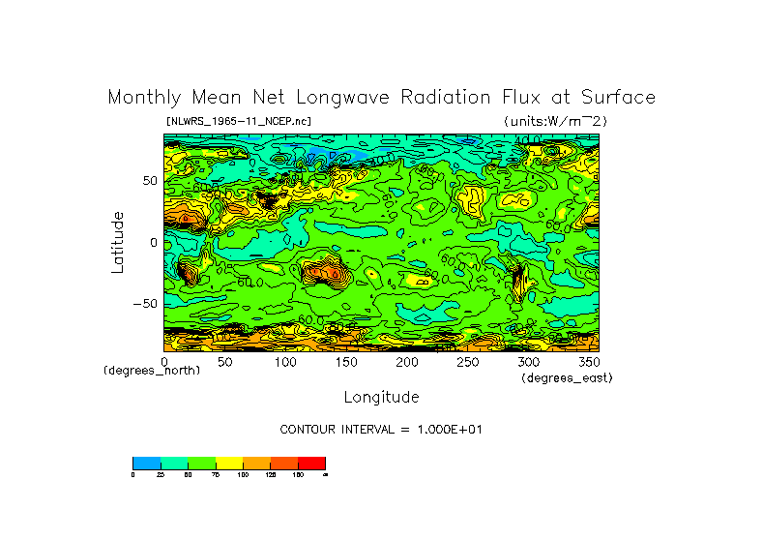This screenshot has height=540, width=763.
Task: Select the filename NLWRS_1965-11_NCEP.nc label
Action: (239, 121)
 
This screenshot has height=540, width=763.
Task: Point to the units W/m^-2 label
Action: (555, 121)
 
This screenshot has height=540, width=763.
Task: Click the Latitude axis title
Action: (118, 242)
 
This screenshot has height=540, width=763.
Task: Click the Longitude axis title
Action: (381, 397)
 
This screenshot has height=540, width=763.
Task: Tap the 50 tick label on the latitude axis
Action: (150, 181)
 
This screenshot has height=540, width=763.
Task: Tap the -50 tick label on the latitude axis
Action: (145, 303)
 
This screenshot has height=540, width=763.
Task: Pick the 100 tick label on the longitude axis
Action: (285, 362)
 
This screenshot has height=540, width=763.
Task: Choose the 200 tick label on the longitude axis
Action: (406, 362)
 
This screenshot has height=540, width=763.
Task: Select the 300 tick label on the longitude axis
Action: (527, 362)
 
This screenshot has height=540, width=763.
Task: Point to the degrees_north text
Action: (152, 371)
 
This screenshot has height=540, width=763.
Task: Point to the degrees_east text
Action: (567, 377)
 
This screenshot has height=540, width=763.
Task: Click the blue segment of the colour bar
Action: (146, 463)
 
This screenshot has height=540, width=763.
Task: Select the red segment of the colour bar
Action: (311, 463)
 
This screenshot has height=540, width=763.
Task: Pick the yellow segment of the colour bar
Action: (229, 463)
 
